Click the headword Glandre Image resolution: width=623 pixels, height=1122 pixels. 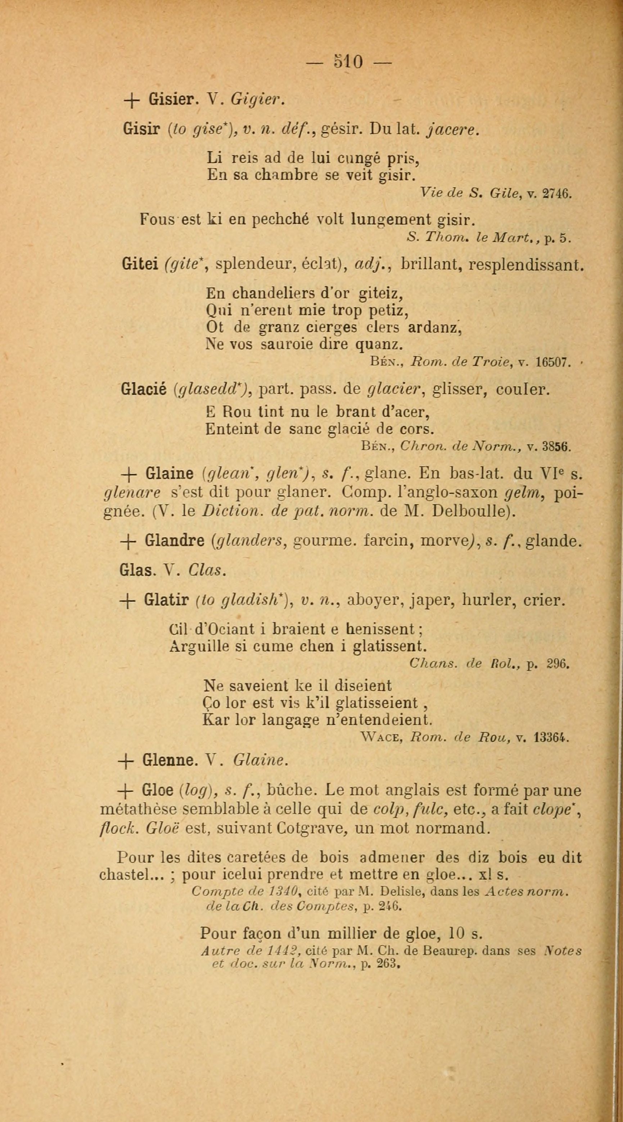coord(175,541)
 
